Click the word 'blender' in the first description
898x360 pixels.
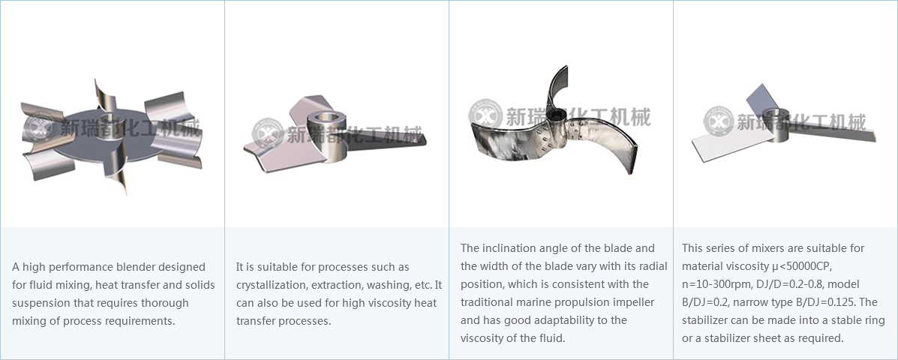click(x=138, y=267)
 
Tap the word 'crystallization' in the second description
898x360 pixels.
click(x=269, y=285)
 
